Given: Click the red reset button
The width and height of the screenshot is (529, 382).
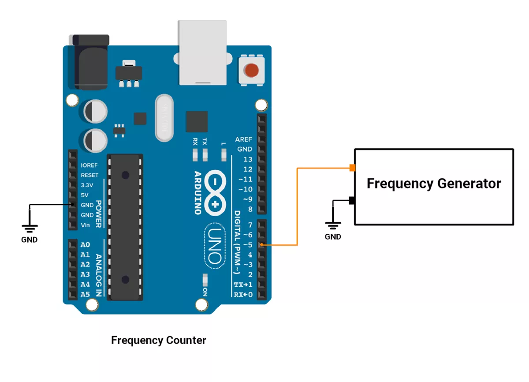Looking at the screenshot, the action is (251, 70).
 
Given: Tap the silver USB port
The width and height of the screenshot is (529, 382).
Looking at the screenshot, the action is (202, 52).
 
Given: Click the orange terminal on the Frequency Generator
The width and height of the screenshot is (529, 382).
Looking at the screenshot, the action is (352, 168).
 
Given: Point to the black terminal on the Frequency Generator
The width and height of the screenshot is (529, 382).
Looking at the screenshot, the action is (352, 201).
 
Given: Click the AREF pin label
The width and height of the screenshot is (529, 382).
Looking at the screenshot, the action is (243, 139).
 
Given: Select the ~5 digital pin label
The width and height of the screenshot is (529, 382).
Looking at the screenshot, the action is (248, 245).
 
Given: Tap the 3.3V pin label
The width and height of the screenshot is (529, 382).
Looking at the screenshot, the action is (87, 185).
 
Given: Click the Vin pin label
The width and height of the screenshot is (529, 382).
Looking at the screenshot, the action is (85, 225).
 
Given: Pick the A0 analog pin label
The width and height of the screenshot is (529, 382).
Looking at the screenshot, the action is (85, 244).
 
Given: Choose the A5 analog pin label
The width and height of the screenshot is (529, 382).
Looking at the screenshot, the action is (85, 294).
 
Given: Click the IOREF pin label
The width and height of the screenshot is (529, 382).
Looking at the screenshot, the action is (89, 165).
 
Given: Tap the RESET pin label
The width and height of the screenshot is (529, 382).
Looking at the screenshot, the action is (89, 175).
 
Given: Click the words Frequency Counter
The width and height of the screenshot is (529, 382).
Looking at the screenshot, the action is (159, 341).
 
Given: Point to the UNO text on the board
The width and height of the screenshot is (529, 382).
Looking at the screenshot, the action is (215, 246).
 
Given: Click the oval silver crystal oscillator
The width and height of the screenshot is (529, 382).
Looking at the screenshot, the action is (164, 118).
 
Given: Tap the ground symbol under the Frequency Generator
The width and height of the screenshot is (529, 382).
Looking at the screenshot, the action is (333, 225).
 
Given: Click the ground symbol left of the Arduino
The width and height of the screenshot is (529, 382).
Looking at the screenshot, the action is (30, 228).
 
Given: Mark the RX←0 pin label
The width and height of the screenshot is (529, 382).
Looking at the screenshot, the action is (243, 295).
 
